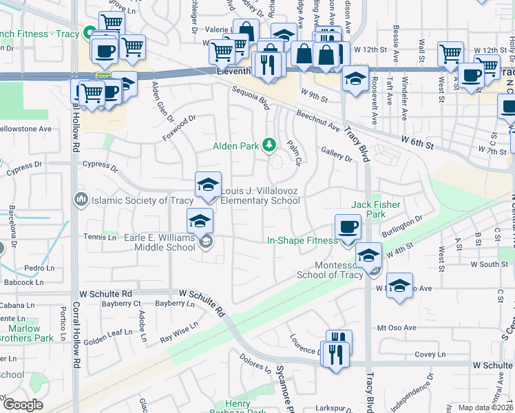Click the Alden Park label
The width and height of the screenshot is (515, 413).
tap(235, 146)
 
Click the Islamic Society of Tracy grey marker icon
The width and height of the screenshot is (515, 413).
tap(80, 200)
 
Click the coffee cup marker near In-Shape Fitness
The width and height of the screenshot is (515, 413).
tap(348, 227)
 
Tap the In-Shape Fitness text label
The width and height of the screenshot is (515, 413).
tap(302, 240)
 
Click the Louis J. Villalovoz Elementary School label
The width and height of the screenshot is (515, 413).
tap(260, 195)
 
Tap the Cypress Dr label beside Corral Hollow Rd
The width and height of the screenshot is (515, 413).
tap(96, 165)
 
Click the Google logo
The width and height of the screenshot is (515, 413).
tap(23, 404)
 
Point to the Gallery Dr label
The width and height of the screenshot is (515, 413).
tap(337, 153)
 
